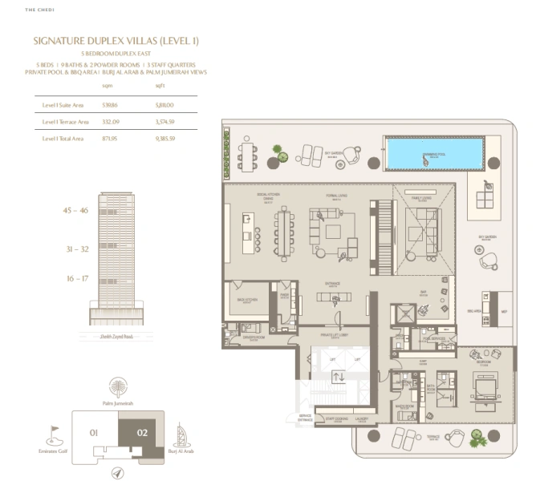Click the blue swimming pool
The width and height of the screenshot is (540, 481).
pyautogui.click(x=433, y=153)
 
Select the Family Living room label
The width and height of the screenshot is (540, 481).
pyautogui.click(x=422, y=196)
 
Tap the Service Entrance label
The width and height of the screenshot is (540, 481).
pyautogui.click(x=305, y=418)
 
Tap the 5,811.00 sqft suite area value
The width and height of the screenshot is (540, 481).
pyautogui.click(x=164, y=105)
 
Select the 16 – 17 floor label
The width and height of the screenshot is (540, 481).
pyautogui.click(x=77, y=278)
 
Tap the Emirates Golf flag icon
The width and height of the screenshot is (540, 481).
pyautogui.click(x=55, y=433)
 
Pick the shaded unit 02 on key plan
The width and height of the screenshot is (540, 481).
pyautogui.click(x=142, y=434)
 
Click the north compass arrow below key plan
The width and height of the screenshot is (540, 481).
pyautogui.click(x=119, y=473)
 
